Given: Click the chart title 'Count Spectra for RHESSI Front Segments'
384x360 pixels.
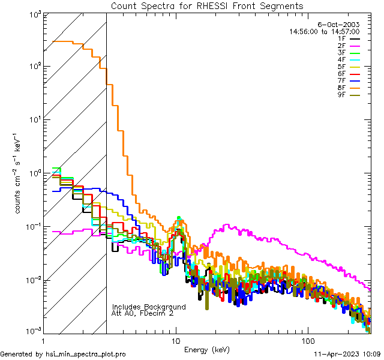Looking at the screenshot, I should point(207,6).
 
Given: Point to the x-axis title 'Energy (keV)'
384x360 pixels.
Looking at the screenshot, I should point(206,350).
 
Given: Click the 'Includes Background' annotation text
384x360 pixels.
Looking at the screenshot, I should point(148,307).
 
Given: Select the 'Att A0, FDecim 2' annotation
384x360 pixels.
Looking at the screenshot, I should point(143,313).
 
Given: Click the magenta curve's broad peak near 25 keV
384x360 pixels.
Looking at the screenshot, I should point(226,226).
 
